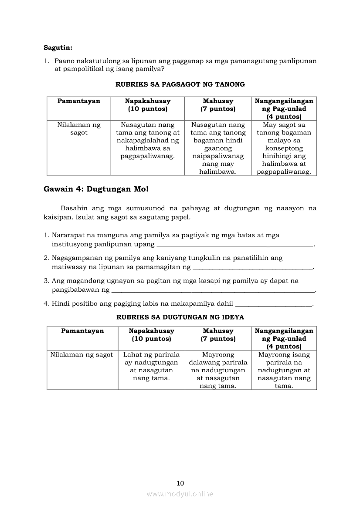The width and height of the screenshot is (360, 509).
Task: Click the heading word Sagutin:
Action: click(x=58, y=47)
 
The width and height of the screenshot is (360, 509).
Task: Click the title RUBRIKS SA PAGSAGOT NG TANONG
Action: click(x=180, y=84)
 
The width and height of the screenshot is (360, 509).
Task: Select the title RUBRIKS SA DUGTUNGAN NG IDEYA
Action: click(x=180, y=317)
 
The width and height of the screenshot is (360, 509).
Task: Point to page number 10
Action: click(x=180, y=482)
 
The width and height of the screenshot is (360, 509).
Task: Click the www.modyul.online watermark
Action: click(x=180, y=494)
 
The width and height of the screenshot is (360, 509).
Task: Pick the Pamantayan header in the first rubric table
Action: click(x=79, y=101)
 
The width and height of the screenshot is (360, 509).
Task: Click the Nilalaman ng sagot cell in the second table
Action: click(x=82, y=355)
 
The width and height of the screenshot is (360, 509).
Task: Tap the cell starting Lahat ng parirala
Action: click(x=151, y=366)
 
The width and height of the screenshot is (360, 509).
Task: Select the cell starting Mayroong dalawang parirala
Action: click(x=218, y=370)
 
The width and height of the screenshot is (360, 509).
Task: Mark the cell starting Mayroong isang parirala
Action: click(x=284, y=370)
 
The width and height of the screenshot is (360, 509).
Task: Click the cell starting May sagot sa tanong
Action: click(x=284, y=148)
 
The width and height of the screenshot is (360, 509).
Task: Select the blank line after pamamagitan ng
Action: click(x=253, y=267)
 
